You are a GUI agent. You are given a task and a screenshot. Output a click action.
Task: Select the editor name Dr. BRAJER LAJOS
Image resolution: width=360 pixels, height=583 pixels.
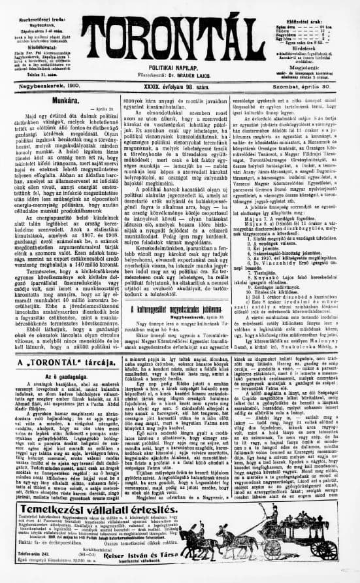(x=197, y=76)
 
